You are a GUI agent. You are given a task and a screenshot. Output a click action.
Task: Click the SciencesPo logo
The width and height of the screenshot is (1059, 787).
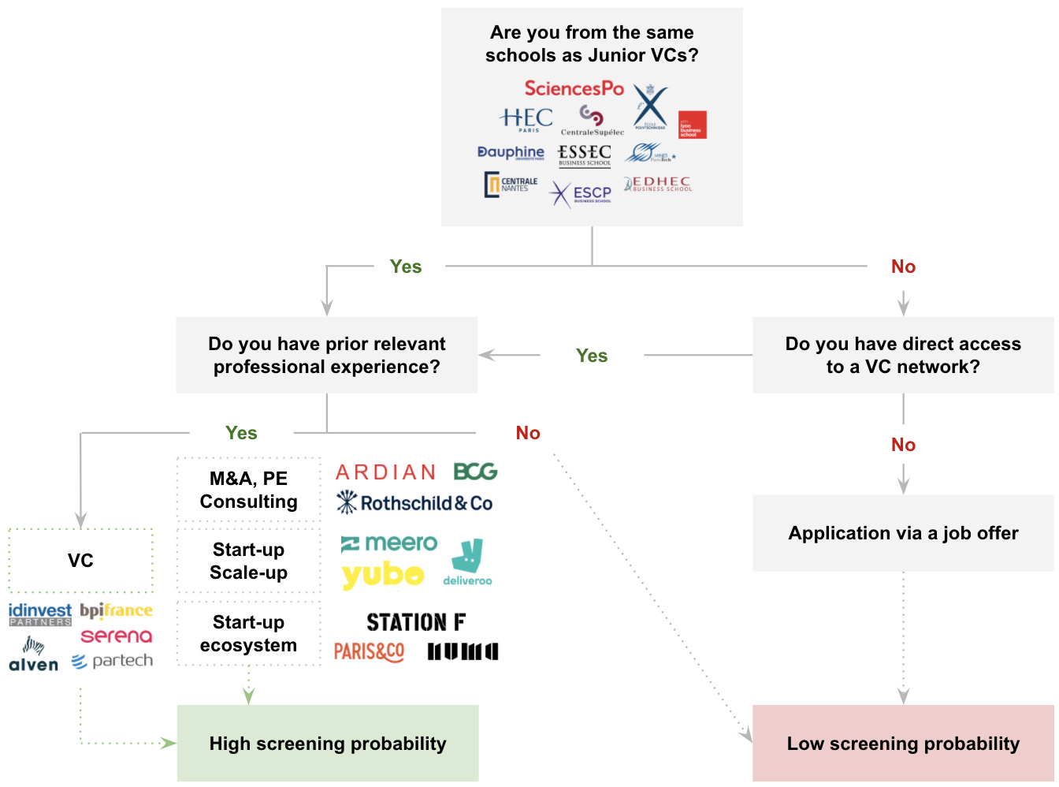pos(574,88)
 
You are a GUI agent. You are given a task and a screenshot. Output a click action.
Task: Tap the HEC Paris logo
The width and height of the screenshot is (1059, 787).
pos(526,119)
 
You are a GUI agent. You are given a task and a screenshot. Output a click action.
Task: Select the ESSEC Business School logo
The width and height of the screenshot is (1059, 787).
pos(585,155)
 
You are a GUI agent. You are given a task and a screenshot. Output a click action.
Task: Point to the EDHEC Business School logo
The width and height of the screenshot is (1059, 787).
pos(658,184)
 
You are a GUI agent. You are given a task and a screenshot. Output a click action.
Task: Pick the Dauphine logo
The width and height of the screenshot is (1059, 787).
pos(511,152)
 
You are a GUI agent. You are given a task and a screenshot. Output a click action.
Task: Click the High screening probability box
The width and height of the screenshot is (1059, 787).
pos(328,743)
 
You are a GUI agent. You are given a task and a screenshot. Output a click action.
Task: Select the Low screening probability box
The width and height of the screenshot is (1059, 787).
pos(903,743)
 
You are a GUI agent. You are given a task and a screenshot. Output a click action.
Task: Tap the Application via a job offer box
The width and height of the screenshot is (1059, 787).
pos(903,533)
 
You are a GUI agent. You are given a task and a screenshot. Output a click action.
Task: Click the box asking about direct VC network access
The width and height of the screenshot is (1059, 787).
pos(903,355)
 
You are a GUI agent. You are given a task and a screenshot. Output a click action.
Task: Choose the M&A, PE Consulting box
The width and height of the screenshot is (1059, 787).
pos(249,490)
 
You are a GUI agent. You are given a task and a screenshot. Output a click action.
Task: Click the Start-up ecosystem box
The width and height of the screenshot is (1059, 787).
pos(249,633)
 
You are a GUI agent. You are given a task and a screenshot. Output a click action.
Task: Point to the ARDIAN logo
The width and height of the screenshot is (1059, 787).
pos(386,472)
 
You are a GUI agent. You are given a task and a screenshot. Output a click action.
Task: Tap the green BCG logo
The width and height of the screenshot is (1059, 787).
pos(475,472)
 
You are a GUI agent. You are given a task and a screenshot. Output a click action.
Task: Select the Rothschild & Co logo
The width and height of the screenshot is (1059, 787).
pos(414,502)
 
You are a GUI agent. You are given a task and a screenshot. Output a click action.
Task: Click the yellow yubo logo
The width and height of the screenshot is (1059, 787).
pos(383,576)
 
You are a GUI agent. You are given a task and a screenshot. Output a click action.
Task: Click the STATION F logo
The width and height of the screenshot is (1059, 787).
pos(416,622)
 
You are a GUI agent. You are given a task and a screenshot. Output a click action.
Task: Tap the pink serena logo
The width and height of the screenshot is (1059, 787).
pos(117,636)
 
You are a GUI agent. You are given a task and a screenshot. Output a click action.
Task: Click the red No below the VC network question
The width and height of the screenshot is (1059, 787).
pos(903,445)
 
